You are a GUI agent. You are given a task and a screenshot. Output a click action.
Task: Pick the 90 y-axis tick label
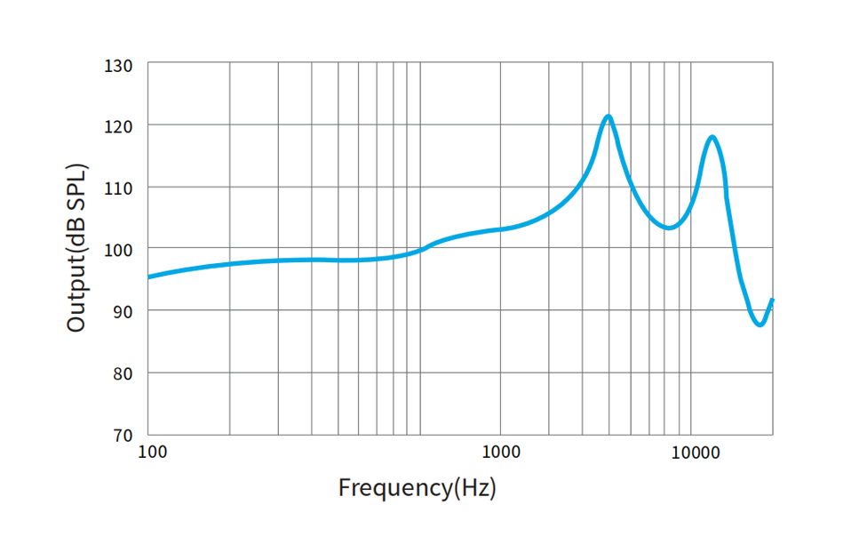click(x=123, y=312)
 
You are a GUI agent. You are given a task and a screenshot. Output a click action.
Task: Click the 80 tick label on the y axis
click(x=123, y=374)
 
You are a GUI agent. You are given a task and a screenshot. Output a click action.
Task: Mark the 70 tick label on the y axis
click(x=123, y=436)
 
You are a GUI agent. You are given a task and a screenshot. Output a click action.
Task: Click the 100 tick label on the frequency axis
click(x=153, y=451)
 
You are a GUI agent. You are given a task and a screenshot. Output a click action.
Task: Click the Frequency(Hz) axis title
click(x=417, y=487)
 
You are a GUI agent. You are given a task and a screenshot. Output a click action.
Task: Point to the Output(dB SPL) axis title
click(x=77, y=248)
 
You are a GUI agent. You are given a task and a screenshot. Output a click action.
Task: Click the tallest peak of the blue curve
click(x=608, y=116)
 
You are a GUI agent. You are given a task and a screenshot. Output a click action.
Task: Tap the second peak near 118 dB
click(x=712, y=136)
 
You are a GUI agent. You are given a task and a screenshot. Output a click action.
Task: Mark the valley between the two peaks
click(x=670, y=228)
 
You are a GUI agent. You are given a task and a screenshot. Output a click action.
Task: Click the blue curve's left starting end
click(x=149, y=277)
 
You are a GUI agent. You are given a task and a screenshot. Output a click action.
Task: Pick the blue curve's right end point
click(x=772, y=300)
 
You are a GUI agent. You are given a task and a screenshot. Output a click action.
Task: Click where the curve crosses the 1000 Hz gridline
click(x=500, y=229)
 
